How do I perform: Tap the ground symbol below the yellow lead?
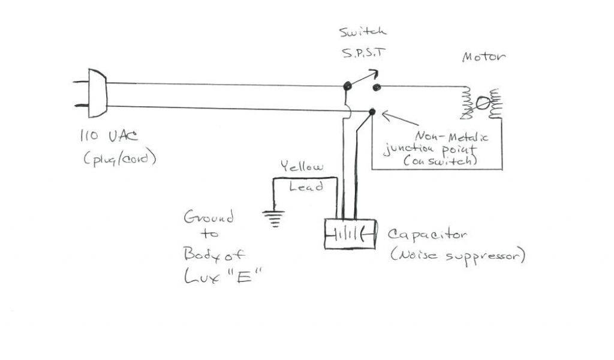point(275,219)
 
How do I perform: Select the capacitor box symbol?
point(350,234)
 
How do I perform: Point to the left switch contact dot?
point(347,86)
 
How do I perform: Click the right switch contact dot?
point(376,88)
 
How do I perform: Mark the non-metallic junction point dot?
point(372,112)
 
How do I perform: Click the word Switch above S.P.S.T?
point(362,32)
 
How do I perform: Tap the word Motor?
point(483,58)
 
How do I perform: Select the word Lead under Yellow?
point(306,187)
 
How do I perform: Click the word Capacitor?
point(426,234)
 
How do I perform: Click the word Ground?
point(208,217)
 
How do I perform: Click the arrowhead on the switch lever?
point(374,73)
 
